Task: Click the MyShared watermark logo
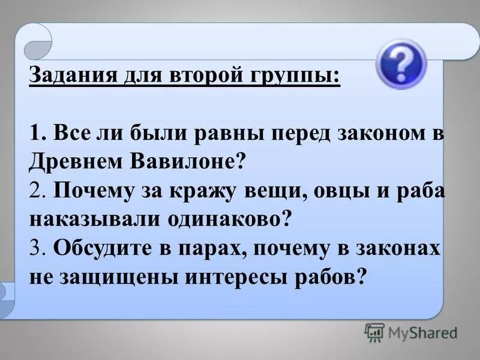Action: coord(412,332)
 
